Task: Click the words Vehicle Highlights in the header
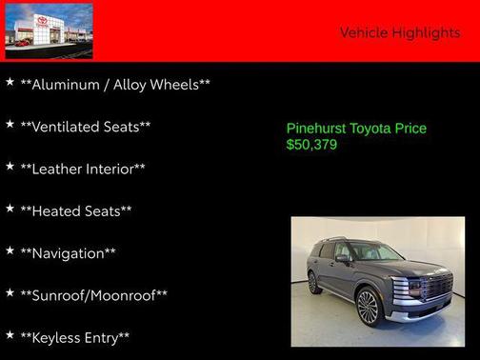click(x=399, y=32)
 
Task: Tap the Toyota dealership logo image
click(x=49, y=30)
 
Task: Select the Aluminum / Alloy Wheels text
click(x=115, y=85)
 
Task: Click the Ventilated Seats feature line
click(x=86, y=127)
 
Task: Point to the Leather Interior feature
click(x=83, y=169)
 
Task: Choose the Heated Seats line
click(x=76, y=210)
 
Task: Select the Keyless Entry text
click(x=75, y=337)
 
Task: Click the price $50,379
click(x=311, y=146)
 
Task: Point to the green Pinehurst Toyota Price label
click(x=356, y=129)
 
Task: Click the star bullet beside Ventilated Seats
click(x=10, y=125)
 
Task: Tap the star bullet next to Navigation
click(x=10, y=251)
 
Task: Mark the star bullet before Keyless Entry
click(x=10, y=335)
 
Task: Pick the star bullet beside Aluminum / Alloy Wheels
click(x=10, y=83)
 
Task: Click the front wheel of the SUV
click(x=367, y=308)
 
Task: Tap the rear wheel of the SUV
click(x=313, y=282)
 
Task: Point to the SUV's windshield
click(x=376, y=252)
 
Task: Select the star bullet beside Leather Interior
click(x=10, y=167)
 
